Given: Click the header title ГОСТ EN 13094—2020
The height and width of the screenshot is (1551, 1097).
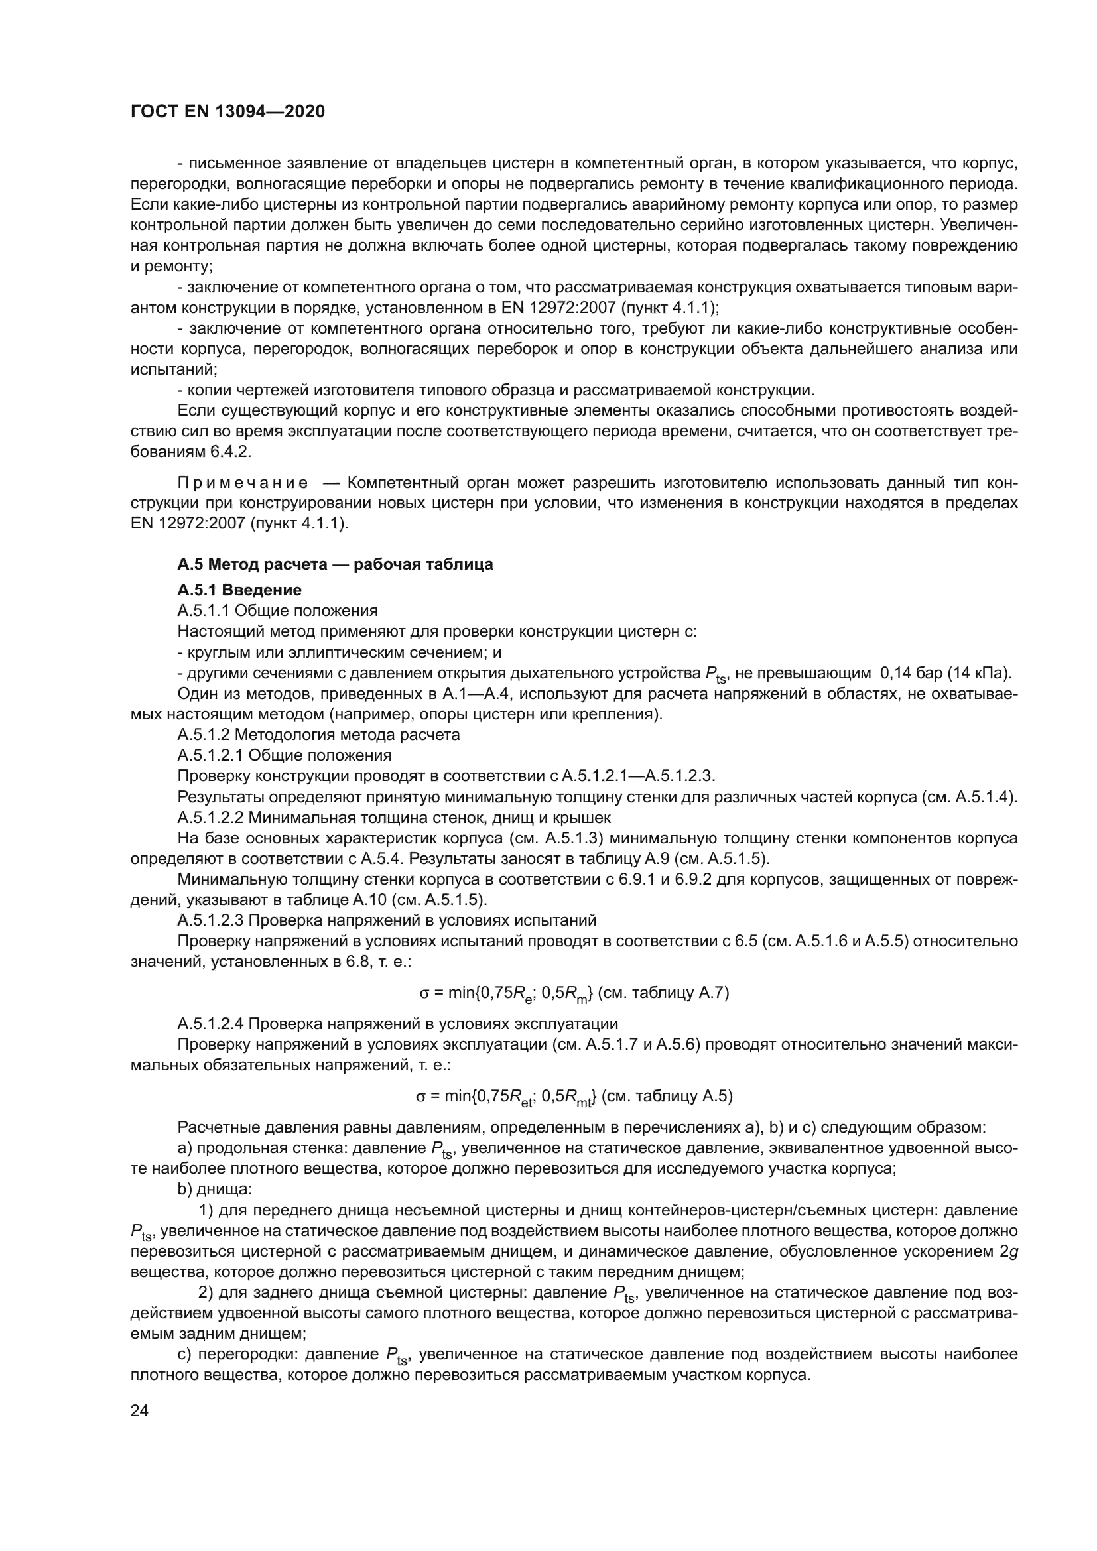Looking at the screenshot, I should pyautogui.click(x=227, y=111).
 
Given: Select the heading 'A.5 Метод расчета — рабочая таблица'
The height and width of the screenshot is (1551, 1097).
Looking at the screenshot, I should pyautogui.click(x=335, y=564).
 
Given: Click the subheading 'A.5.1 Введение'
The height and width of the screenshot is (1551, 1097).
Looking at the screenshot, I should pyautogui.click(x=239, y=590).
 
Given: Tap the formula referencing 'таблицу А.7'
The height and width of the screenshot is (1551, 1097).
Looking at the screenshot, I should pyautogui.click(x=574, y=993).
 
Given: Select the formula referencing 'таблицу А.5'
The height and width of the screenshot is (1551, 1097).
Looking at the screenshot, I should pyautogui.click(x=574, y=1096).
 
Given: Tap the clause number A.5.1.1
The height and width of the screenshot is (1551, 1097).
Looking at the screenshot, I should pyautogui.click(x=204, y=611).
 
